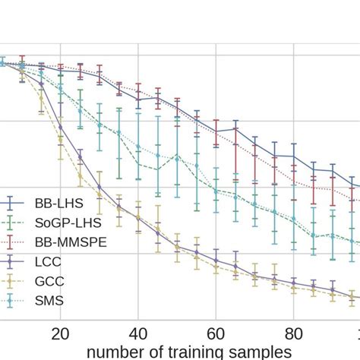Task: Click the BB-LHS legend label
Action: coord(59,203)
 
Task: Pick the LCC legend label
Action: coord(49,261)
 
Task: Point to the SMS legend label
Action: coord(49,301)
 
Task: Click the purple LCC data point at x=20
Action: coord(61,127)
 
